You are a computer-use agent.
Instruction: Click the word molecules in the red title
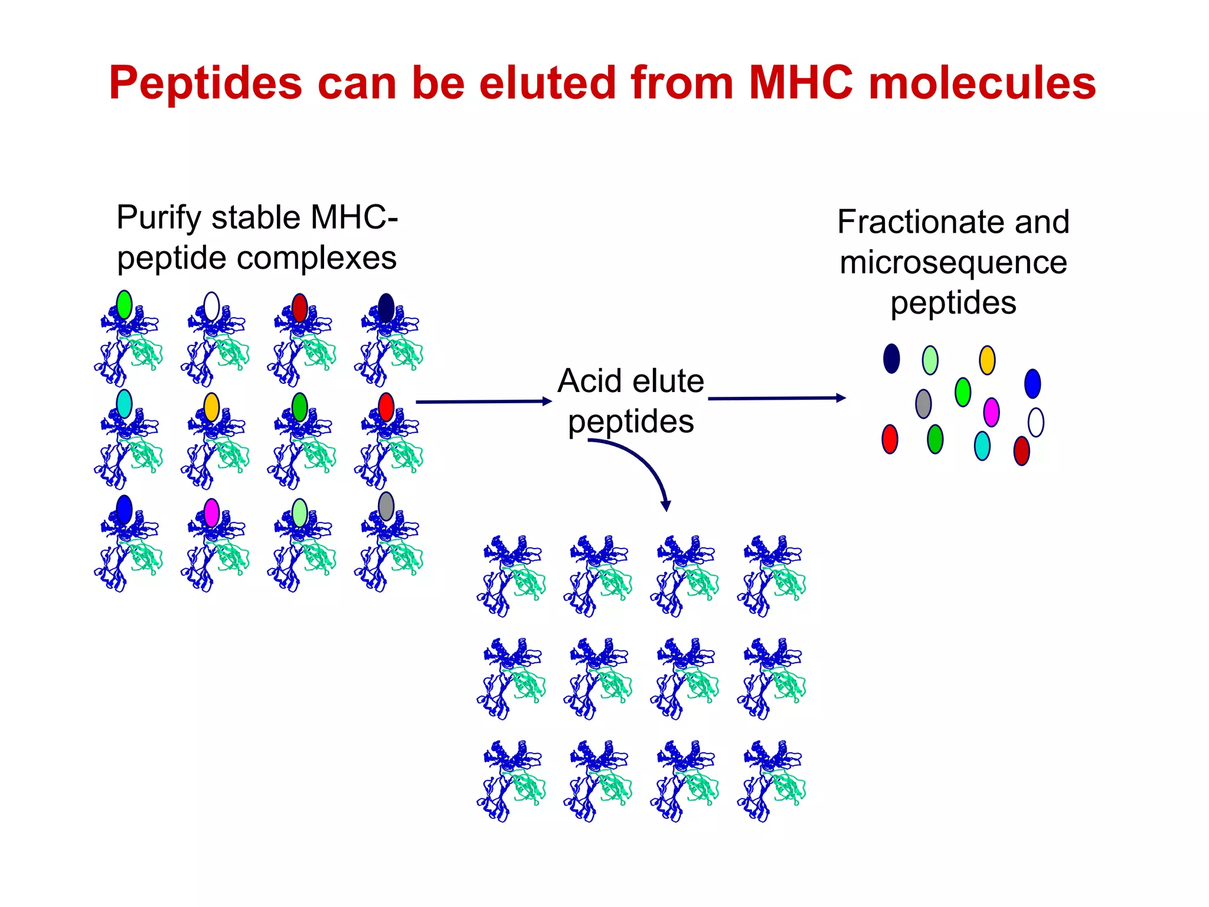click(x=982, y=83)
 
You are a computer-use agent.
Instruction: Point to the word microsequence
click(x=953, y=262)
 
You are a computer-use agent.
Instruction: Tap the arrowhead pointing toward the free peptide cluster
click(x=841, y=398)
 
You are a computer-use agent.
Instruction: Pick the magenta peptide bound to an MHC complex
click(x=211, y=513)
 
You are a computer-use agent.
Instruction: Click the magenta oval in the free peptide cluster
click(x=991, y=412)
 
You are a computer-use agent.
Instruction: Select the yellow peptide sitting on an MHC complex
click(x=211, y=407)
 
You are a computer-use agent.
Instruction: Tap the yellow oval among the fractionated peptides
click(x=987, y=360)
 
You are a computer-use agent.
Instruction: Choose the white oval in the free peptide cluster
click(x=1035, y=423)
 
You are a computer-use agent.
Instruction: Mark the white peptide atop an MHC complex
click(x=211, y=306)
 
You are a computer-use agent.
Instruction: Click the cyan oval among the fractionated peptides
click(x=982, y=446)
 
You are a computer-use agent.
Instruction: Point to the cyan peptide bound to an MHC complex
click(x=124, y=404)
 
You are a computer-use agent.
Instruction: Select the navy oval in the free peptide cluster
click(x=891, y=358)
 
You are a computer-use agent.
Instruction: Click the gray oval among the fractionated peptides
click(x=923, y=404)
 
